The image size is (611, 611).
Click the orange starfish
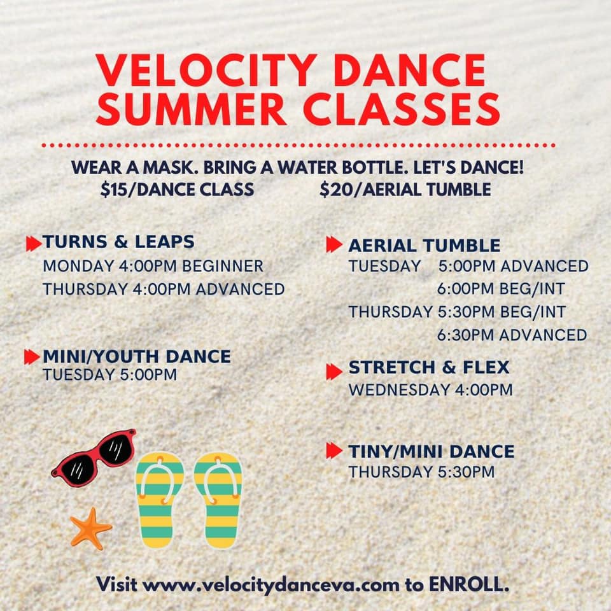(90, 528)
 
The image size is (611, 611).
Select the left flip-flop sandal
(159, 500)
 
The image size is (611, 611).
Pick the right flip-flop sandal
(218, 500)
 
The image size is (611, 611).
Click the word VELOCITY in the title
(206, 70)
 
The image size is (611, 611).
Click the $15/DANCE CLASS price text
(177, 190)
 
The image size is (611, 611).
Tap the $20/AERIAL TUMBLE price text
(405, 190)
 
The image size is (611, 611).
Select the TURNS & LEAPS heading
(118, 242)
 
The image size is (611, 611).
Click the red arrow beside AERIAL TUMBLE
(334, 244)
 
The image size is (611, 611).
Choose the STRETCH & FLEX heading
(428, 367)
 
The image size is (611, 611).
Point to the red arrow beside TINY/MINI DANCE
(334, 451)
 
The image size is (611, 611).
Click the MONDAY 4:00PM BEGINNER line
(153, 266)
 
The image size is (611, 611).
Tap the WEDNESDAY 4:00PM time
(430, 390)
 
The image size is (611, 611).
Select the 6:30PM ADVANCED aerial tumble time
(512, 335)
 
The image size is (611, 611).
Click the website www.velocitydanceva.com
(271, 585)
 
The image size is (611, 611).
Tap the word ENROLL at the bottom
(469, 584)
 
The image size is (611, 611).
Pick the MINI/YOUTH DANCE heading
(137, 356)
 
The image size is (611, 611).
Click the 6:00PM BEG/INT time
(501, 289)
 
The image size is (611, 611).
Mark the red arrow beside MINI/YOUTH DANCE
(32, 356)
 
